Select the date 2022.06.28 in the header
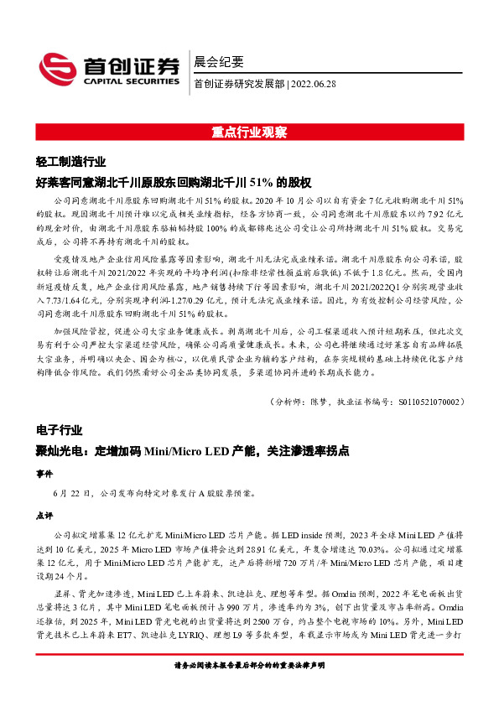314,83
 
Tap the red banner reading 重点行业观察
249,132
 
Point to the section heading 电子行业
59,430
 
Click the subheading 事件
44,473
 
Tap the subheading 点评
44,515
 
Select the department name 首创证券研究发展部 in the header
238,83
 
